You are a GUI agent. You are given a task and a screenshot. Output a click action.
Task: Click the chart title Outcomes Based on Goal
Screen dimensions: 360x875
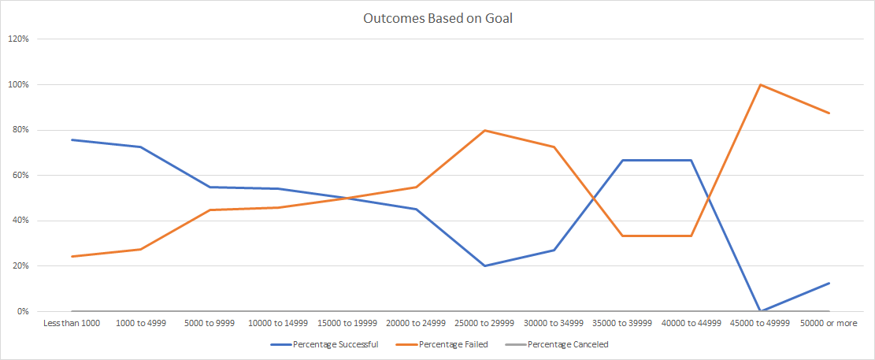pos(438,18)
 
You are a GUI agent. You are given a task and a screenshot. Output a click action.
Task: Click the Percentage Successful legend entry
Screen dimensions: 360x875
pos(335,344)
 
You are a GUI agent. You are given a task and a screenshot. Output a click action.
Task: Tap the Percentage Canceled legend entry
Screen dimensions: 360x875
pos(567,344)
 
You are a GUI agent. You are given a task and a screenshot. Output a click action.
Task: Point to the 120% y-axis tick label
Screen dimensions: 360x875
pos(18,39)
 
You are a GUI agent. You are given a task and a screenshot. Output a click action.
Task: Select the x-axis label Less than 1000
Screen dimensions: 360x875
pos(71,324)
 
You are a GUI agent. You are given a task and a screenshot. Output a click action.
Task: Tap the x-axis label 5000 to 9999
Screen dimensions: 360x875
pos(209,324)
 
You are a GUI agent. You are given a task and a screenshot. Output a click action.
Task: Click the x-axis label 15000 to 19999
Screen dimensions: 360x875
pos(348,324)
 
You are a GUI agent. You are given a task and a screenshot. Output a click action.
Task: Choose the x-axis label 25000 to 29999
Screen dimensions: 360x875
pos(486,324)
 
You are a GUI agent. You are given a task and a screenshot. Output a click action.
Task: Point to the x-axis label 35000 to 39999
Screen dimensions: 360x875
pos(624,324)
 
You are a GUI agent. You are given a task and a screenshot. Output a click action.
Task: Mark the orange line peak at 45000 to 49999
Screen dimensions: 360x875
pos(761,84)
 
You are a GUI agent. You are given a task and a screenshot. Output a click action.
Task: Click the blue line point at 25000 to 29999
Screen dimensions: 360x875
pos(486,265)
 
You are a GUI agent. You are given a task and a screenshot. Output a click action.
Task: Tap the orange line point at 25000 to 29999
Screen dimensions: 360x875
pos(486,130)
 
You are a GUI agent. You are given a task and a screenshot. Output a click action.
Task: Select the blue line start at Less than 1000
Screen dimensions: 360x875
pos(71,139)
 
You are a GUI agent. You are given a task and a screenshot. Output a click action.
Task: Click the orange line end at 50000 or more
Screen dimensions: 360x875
pos(830,113)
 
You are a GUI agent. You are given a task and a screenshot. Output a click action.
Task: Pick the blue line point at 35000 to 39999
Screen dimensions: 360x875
pos(624,160)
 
